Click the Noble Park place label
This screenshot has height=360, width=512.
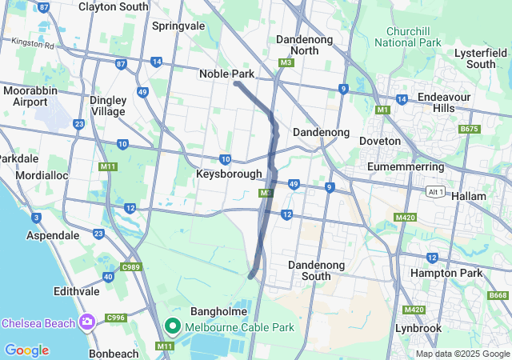click(x=226, y=74)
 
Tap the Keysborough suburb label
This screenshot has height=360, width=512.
click(x=229, y=174)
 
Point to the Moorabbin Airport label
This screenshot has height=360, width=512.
click(x=30, y=96)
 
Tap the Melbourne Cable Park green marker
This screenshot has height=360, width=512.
click(x=172, y=326)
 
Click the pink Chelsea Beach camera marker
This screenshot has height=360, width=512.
click(x=86, y=322)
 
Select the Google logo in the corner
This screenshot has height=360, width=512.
click(x=26, y=350)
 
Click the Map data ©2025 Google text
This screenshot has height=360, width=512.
click(x=462, y=354)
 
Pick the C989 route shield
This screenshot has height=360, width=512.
click(x=131, y=266)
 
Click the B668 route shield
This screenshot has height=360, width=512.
click(x=498, y=296)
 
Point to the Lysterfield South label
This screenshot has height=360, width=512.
click(x=481, y=58)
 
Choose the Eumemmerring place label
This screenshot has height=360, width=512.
click(x=404, y=166)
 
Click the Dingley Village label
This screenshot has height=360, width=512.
click(x=107, y=106)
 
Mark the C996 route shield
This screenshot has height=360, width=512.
click(x=116, y=318)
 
